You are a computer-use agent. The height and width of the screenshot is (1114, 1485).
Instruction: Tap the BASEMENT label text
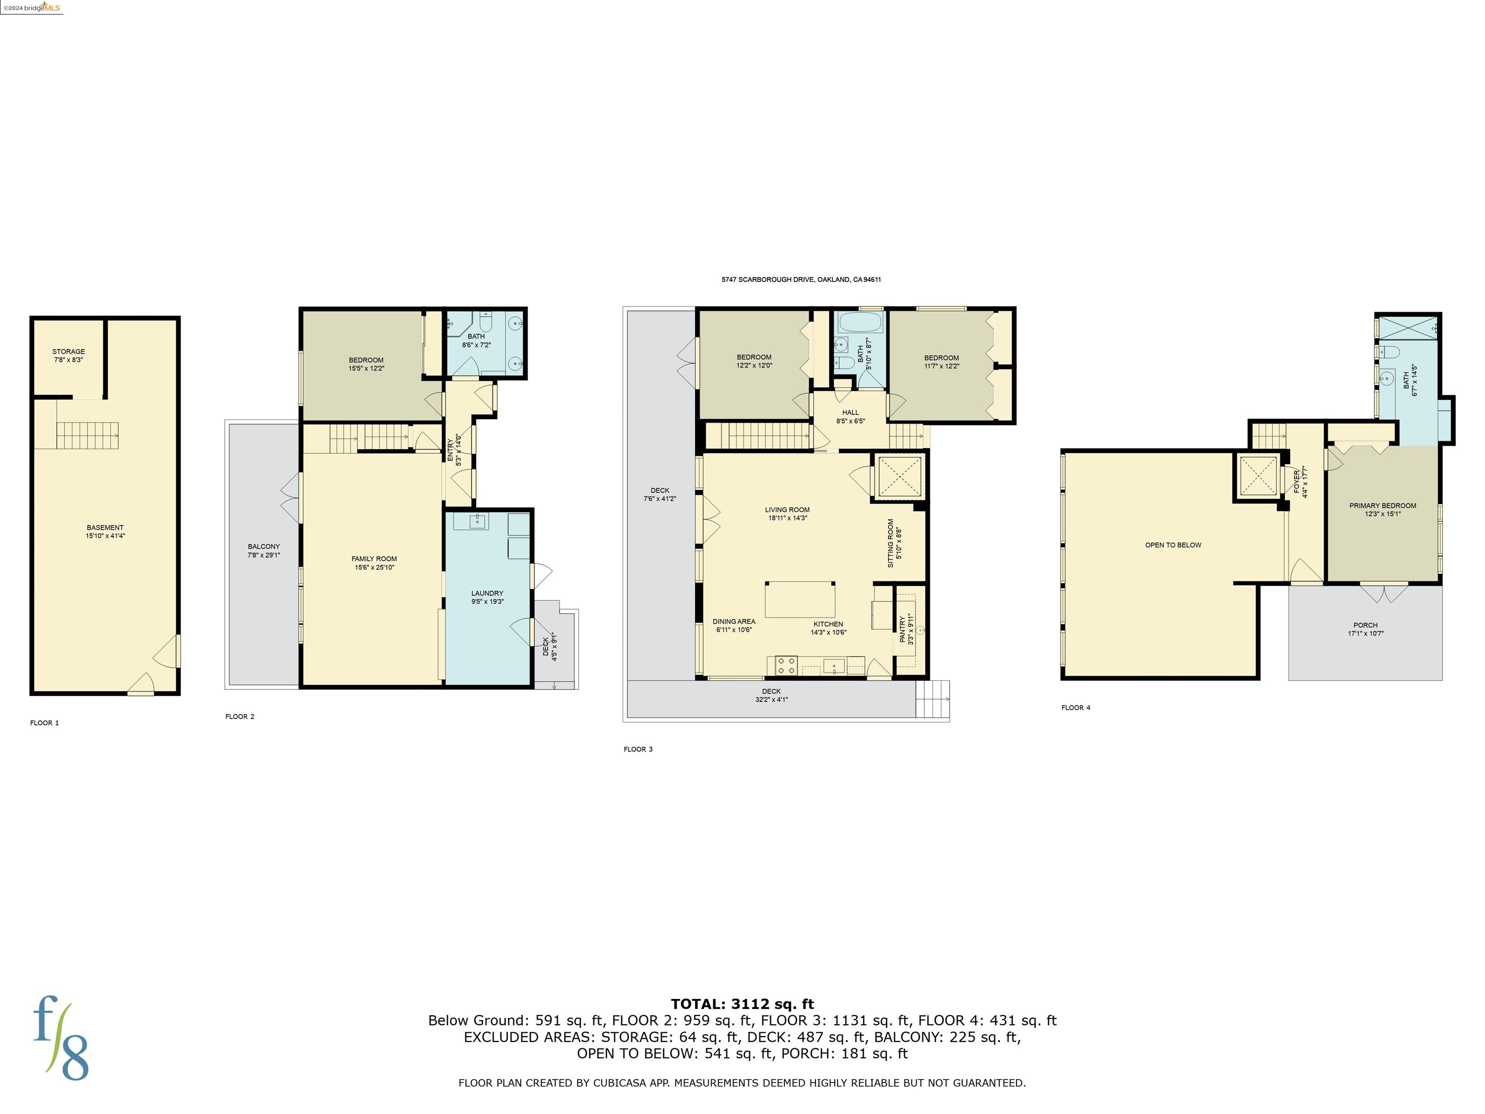(105, 528)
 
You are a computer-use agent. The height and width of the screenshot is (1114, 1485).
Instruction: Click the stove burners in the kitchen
(786, 665)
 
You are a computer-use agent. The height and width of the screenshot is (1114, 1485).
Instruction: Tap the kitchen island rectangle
(800, 600)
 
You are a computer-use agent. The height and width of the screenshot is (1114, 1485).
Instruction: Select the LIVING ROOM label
(787, 510)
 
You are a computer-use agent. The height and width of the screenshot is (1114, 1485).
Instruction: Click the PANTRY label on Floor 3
(903, 630)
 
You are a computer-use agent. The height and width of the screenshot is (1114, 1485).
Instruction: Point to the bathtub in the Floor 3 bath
(859, 324)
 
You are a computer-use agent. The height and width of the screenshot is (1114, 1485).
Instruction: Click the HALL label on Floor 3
(850, 413)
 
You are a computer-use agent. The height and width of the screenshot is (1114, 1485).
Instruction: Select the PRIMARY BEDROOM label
(1383, 506)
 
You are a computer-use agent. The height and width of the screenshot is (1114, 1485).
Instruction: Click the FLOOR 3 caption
(637, 749)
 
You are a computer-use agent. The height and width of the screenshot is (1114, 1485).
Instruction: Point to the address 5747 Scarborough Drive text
(801, 279)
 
